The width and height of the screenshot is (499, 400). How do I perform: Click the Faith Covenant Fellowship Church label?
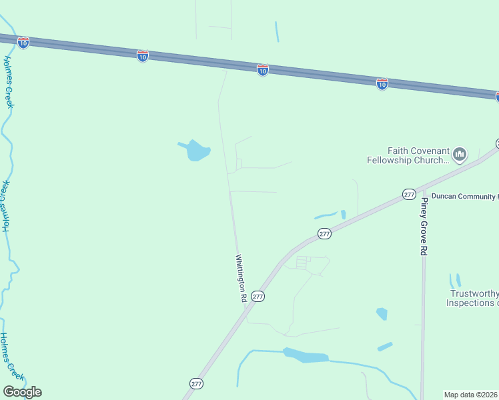click(408, 155)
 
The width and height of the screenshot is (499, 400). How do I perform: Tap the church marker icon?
click(459, 155)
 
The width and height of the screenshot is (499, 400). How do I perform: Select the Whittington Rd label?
click(240, 279)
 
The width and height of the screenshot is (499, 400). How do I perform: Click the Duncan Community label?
click(464, 197)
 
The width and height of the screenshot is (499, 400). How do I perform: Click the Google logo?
click(22, 392)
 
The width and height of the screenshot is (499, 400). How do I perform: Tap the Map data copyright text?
click(471, 395)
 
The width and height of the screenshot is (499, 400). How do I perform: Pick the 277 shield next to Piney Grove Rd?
click(409, 194)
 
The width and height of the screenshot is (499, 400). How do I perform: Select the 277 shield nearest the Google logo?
click(195, 384)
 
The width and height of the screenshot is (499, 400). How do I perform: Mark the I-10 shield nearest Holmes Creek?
click(23, 43)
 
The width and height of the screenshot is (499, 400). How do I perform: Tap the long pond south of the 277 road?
click(306, 356)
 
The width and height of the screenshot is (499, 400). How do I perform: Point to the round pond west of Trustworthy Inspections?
click(382, 313)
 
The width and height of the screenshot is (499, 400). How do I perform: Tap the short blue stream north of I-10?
click(277, 31)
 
